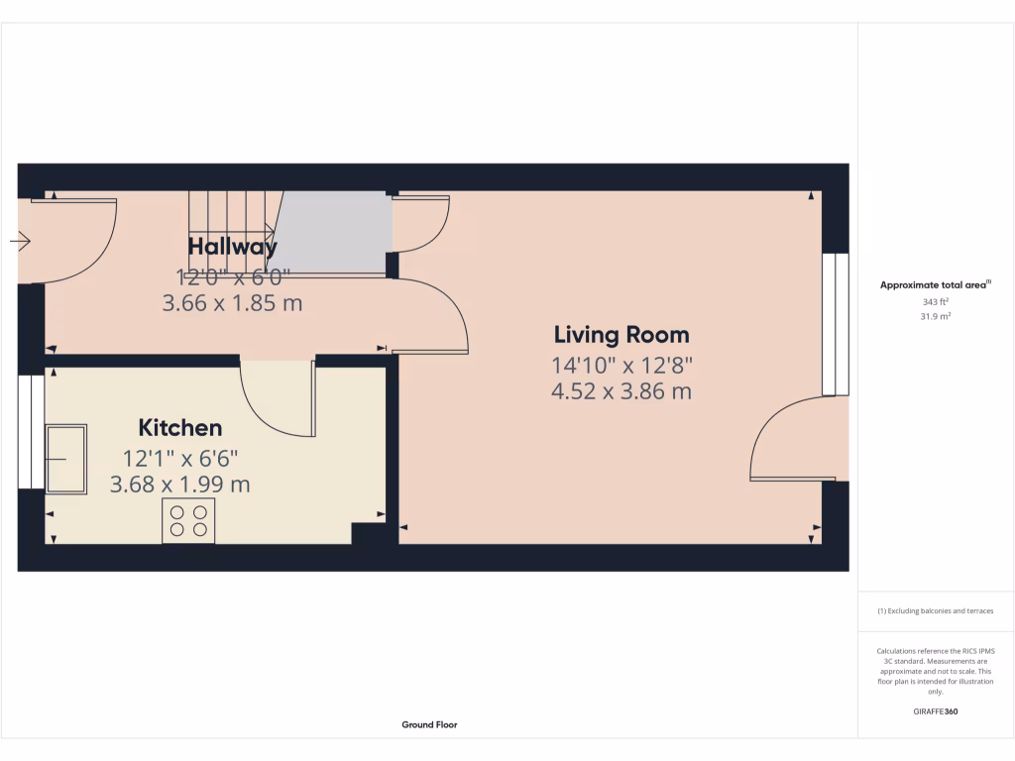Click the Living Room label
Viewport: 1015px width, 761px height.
[621, 335]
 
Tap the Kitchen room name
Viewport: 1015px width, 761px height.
[179, 428]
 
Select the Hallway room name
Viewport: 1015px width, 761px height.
[233, 247]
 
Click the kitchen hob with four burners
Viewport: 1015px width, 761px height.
[188, 521]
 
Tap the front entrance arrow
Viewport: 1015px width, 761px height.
[21, 240]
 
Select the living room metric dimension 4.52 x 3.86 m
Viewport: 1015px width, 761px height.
[621, 391]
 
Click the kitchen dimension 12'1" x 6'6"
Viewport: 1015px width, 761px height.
[180, 458]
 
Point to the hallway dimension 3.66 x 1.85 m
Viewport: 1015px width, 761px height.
[232, 303]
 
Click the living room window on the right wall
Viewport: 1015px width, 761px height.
[836, 324]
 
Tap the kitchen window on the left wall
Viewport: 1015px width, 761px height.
[31, 432]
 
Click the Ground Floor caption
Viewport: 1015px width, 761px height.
[429, 725]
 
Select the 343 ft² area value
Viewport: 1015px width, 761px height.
[936, 302]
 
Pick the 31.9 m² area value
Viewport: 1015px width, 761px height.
[936, 316]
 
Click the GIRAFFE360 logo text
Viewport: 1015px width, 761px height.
[936, 711]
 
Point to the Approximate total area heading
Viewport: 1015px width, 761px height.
[936, 285]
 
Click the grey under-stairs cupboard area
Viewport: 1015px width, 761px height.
[332, 231]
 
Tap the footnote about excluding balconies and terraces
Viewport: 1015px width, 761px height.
[936, 611]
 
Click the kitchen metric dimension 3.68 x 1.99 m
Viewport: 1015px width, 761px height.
[180, 486]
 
